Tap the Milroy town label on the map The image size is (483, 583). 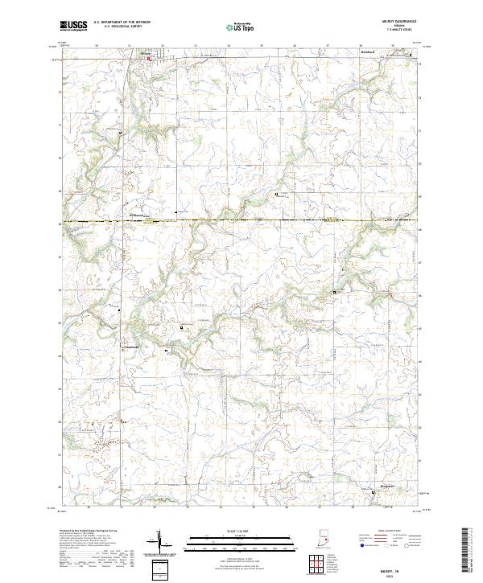point(147,54)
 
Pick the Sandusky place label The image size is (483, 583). point(134,347)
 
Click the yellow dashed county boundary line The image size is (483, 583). point(242,220)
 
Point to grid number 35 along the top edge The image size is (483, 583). point(262,46)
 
